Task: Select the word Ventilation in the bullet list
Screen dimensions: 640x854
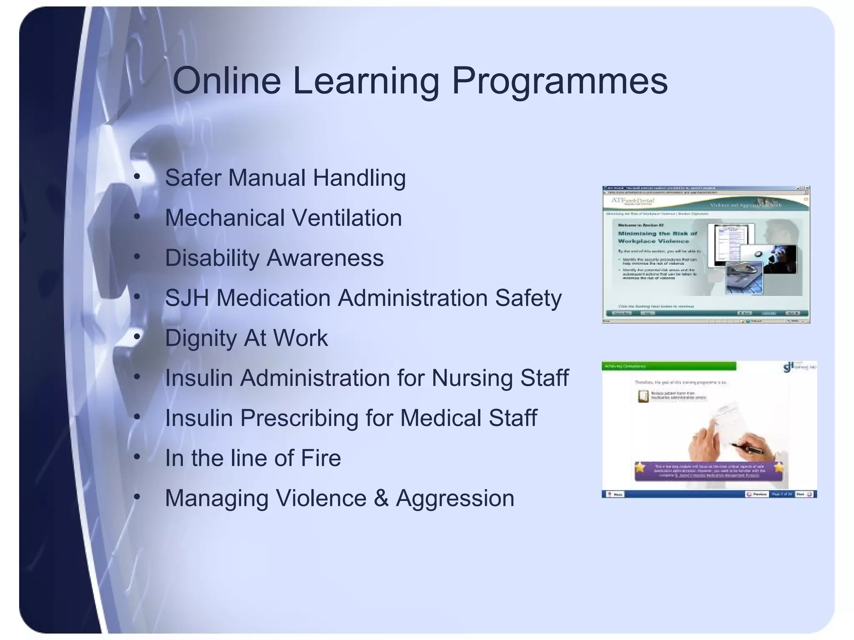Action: coord(347,217)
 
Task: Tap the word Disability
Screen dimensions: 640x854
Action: coord(212,258)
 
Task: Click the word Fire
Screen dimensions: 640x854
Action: coord(321,458)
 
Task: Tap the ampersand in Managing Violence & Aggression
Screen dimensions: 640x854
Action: coord(381,498)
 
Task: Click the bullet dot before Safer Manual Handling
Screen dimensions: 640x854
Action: coord(137,177)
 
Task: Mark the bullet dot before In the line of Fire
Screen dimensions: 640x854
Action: coord(137,457)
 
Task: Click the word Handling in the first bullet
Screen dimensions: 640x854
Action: coord(359,178)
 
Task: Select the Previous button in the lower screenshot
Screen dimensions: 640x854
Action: coord(756,494)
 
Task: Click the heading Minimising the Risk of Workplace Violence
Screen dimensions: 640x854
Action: coord(657,237)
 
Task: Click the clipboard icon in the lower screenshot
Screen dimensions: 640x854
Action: coord(643,396)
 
